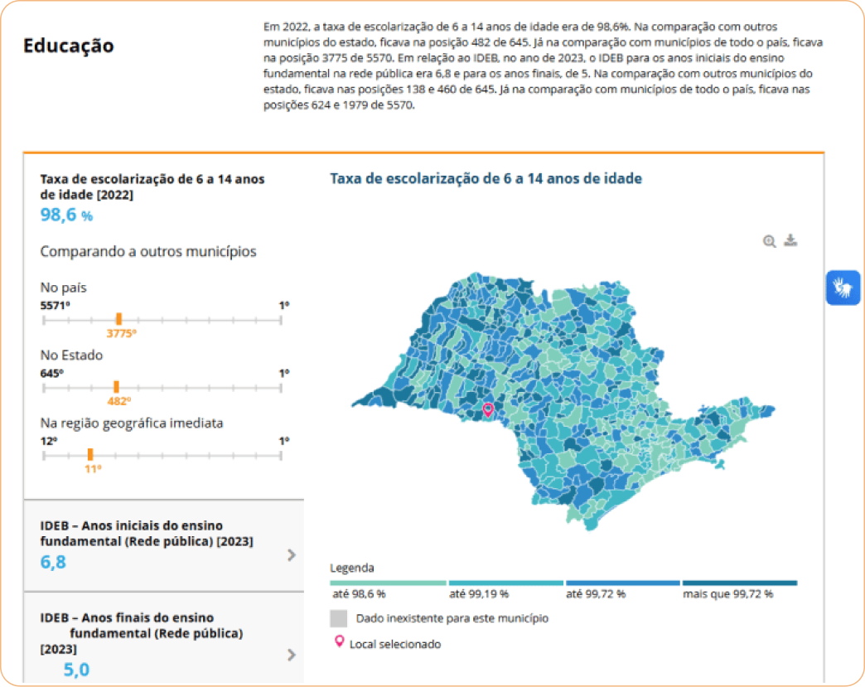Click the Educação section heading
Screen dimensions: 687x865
click(69, 46)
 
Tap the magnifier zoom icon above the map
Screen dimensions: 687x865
click(770, 241)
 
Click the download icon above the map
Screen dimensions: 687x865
click(790, 240)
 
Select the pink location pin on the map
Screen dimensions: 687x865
click(488, 409)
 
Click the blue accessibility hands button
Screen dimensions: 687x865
click(843, 288)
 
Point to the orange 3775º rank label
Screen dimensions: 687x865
click(121, 333)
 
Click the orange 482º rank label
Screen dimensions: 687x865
click(118, 401)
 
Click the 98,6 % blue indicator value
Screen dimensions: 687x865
click(66, 215)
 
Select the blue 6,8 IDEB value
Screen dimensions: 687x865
click(53, 562)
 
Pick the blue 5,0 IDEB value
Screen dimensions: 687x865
click(76, 670)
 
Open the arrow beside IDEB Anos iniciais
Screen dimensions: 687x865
click(291, 555)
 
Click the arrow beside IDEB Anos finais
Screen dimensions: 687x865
click(291, 655)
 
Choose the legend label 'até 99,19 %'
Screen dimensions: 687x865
click(479, 594)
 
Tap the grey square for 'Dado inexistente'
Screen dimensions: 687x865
click(338, 618)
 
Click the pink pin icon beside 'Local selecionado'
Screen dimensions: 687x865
click(338, 642)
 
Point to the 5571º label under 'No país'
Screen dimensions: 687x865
click(55, 306)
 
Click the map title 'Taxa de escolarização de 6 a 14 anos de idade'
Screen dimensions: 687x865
click(486, 178)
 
